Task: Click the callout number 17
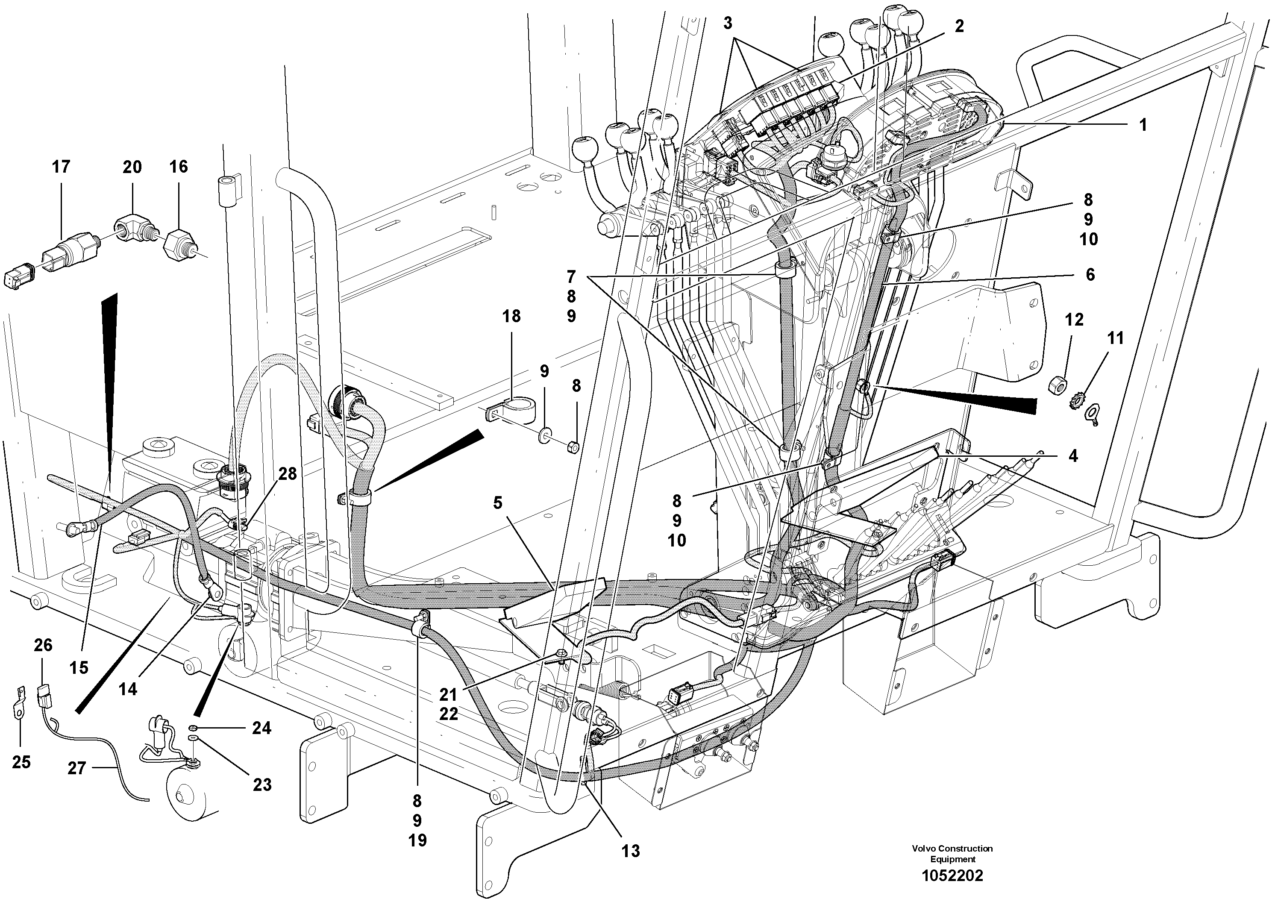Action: pos(61,166)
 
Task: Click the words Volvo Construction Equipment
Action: pos(952,854)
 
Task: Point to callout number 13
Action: pos(631,850)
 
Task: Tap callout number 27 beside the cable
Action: pos(77,768)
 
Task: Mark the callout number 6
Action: pos(1090,274)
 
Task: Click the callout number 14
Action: pos(128,689)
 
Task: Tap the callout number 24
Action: pos(261,727)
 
